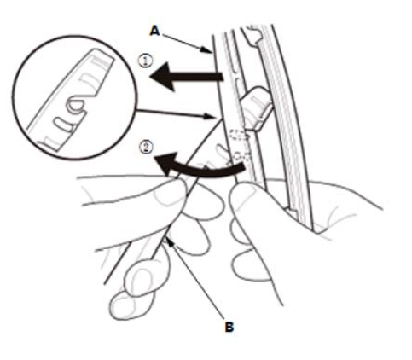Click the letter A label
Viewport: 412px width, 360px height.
(154, 31)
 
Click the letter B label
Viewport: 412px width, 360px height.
(229, 327)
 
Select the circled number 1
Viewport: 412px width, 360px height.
(146, 61)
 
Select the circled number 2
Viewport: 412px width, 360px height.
(147, 148)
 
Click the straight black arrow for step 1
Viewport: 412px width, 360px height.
(186, 77)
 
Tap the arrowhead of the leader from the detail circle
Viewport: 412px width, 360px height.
(209, 116)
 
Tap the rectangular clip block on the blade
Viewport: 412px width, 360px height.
(256, 108)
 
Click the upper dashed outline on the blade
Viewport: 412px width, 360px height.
(241, 134)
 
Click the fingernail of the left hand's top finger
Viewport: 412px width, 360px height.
(168, 195)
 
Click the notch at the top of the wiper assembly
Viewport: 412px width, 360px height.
(254, 35)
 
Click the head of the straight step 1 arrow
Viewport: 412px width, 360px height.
(163, 77)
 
